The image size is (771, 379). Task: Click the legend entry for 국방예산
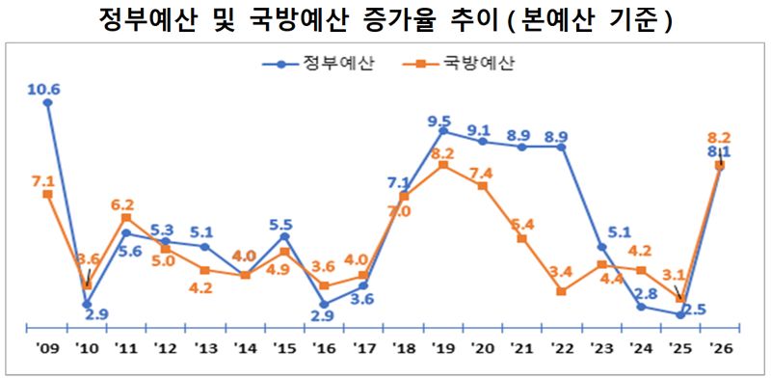pos(466,65)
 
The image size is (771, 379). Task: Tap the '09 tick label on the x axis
pos(46,349)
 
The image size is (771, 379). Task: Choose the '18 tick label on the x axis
pos(403,349)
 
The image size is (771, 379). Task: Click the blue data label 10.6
pos(45,90)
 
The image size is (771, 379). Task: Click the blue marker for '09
pos(48,102)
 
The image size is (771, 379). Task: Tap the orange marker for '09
pos(48,194)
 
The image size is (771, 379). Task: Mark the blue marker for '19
pos(443,130)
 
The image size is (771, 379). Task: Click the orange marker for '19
pos(443,165)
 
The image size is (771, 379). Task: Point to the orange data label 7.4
pos(480,173)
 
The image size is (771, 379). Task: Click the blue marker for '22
pos(562,147)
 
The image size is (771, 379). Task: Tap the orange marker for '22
pos(562,290)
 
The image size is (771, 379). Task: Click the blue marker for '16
pos(324,304)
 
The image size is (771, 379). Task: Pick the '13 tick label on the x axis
pos(205,349)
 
